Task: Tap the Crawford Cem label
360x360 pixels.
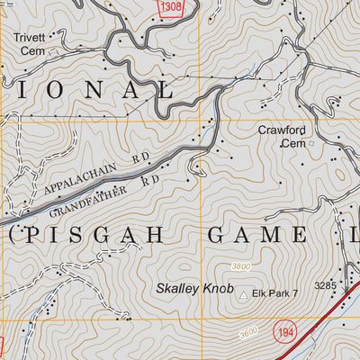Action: (283, 136)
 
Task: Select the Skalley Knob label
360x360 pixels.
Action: (194, 289)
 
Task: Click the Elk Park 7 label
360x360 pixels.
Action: (275, 293)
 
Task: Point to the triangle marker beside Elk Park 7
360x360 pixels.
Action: (243, 293)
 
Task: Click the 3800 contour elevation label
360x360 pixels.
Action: (241, 266)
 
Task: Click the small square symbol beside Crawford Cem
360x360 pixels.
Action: (312, 142)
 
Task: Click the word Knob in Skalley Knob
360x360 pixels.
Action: (217, 289)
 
